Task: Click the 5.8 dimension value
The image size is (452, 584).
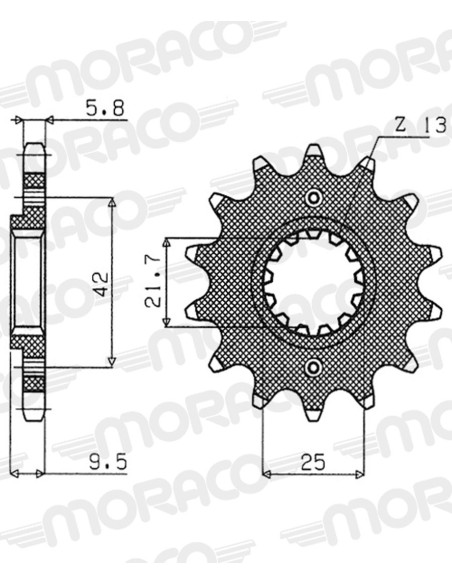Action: (x=105, y=108)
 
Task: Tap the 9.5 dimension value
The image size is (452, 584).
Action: (x=108, y=462)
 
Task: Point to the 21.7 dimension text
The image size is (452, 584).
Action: (x=153, y=284)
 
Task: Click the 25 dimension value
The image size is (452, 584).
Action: (x=313, y=462)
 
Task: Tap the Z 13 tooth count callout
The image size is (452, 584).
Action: (x=420, y=125)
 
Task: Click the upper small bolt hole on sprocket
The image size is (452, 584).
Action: (x=313, y=197)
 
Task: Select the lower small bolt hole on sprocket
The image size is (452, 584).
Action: (x=313, y=368)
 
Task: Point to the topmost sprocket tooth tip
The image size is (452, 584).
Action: (x=313, y=148)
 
